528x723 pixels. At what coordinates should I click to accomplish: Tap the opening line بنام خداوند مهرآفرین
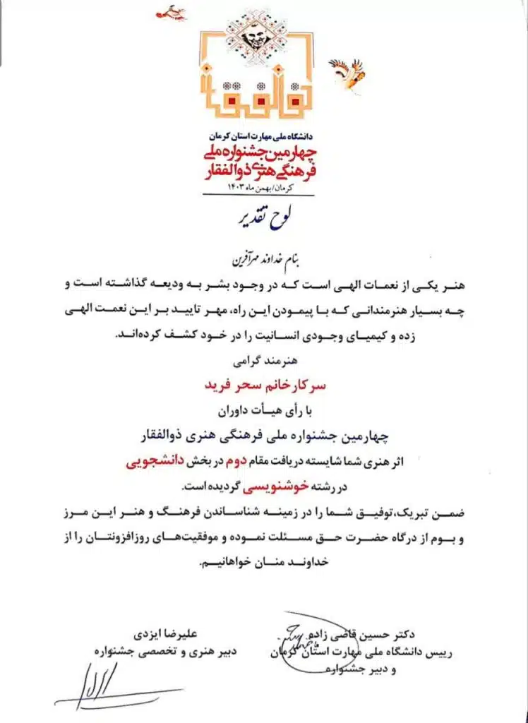click(x=262, y=252)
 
